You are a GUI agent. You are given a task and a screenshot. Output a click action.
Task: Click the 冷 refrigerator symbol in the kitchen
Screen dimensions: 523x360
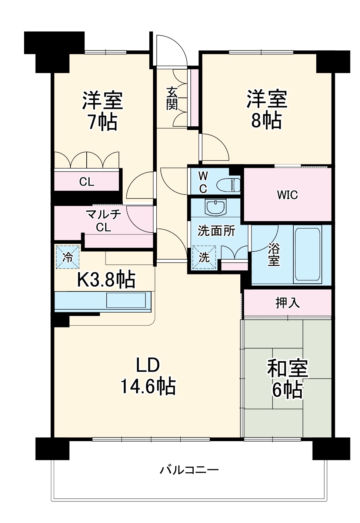coord(67,257)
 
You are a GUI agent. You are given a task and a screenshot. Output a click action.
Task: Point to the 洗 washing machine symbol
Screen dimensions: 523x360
coord(204,257)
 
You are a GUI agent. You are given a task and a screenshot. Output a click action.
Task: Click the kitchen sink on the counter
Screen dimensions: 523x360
coord(126,300)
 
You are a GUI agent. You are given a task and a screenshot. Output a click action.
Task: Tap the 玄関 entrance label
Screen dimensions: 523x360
coord(171,99)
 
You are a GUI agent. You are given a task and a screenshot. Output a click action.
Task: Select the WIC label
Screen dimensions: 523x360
coord(287,195)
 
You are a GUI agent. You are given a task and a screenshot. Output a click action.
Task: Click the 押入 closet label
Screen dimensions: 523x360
coord(287,303)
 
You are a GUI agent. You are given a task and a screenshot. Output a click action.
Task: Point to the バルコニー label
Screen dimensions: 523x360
coord(189,470)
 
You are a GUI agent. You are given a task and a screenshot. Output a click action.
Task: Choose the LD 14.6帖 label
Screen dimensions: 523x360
coord(148,376)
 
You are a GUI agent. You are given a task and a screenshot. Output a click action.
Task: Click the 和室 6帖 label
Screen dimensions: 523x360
coord(287,379)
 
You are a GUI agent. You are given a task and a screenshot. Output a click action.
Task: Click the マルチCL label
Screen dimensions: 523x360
coord(103,221)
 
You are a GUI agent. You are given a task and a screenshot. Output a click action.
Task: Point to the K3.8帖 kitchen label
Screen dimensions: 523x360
coord(106,280)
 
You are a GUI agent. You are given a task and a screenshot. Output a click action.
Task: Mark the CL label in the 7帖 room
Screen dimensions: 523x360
coord(87,182)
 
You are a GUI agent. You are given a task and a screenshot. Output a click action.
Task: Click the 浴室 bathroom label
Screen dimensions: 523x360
coord(273,254)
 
